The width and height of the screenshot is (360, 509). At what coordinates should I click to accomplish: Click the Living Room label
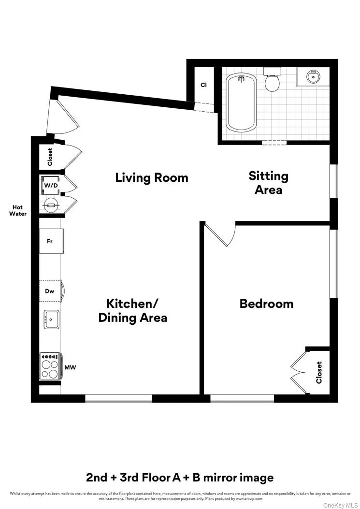pyautogui.click(x=151, y=177)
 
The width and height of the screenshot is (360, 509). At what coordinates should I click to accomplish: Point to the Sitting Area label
pyautogui.click(x=268, y=182)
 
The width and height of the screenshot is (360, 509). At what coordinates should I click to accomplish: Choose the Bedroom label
pyautogui.click(x=266, y=304)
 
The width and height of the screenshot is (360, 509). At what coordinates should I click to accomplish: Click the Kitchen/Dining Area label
pyautogui.click(x=132, y=310)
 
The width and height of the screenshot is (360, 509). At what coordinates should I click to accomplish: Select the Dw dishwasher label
pyautogui.click(x=49, y=291)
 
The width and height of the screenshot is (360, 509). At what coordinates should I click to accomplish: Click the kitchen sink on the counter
pyautogui.click(x=51, y=320)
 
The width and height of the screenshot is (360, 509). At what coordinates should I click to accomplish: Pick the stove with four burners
pyautogui.click(x=51, y=366)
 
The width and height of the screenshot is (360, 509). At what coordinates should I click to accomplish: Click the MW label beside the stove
pyautogui.click(x=70, y=367)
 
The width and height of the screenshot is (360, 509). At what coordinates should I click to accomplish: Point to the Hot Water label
pyautogui.click(x=17, y=210)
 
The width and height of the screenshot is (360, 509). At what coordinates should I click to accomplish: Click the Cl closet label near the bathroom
pyautogui.click(x=203, y=85)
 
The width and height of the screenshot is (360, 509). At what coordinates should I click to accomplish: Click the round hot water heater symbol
pyautogui.click(x=51, y=205)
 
